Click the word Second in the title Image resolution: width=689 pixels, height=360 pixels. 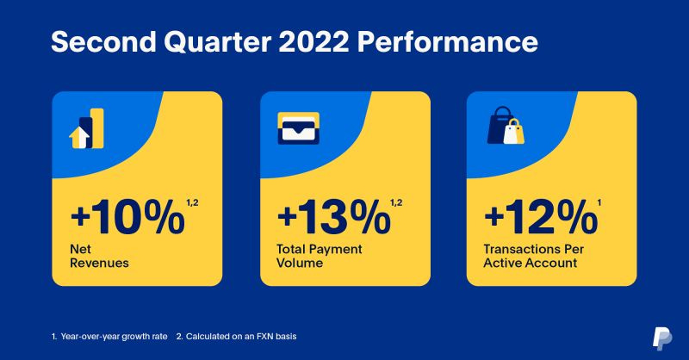(x=103, y=41)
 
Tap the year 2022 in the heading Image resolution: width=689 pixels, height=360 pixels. (x=313, y=41)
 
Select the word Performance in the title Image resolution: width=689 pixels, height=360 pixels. (x=447, y=41)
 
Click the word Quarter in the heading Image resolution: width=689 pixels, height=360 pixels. (x=218, y=42)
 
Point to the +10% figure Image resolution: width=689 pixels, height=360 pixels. (x=127, y=217)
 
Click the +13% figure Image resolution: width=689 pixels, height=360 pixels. (x=334, y=217)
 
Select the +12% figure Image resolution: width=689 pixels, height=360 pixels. (x=541, y=217)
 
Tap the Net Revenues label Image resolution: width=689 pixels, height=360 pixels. (x=99, y=256)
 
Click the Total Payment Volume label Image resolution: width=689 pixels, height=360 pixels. (x=319, y=256)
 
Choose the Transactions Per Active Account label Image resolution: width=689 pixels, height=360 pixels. (x=533, y=256)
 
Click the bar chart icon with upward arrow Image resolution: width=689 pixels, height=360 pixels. (x=87, y=128)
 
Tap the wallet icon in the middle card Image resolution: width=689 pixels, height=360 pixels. (x=298, y=128)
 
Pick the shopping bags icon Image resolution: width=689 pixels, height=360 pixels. (x=506, y=125)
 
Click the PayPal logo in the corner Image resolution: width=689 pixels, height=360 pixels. (x=661, y=338)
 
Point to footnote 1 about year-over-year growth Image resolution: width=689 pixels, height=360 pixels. (x=109, y=337)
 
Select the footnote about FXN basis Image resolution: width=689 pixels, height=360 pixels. (x=236, y=337)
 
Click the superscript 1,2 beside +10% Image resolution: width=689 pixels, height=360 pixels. (x=192, y=202)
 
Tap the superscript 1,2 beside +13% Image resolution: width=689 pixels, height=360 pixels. (x=396, y=202)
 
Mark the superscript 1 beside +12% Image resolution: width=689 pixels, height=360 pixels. (x=599, y=202)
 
